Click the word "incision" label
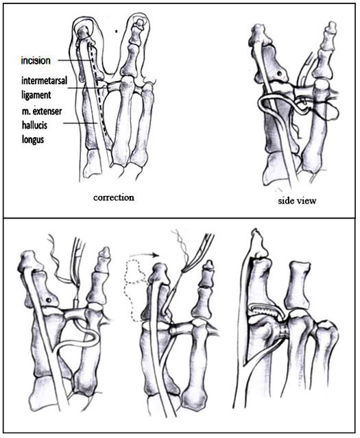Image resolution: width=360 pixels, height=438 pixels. click(36, 60)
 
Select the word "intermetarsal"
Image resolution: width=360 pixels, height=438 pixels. click(45, 81)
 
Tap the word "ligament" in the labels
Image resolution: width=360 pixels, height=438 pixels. click(36, 95)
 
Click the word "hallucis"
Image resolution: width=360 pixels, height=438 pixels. click(35, 125)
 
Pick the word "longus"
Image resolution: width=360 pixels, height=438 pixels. click(33, 139)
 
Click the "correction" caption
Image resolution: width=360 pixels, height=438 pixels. click(114, 198)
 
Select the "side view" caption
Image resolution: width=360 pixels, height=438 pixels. click(297, 201)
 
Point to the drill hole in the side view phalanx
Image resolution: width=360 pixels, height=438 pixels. click(279, 73)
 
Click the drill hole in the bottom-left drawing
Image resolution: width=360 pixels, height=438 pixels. click(49, 300)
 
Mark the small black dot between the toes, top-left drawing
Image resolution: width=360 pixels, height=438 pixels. click(117, 32)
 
